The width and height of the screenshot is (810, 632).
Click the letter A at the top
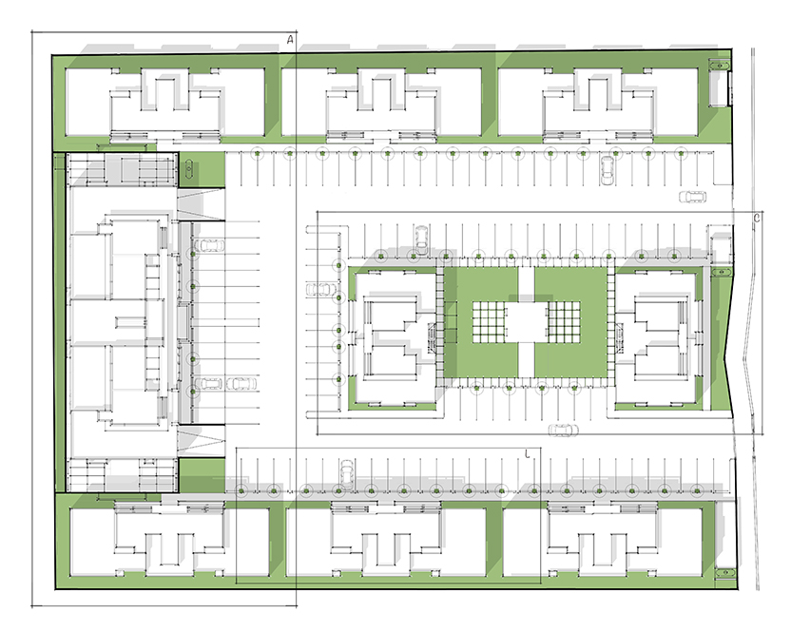pyautogui.click(x=290, y=40)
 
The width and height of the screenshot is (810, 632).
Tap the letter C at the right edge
pyautogui.click(x=757, y=218)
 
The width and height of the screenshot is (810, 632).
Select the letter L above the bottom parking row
pyautogui.click(x=528, y=454)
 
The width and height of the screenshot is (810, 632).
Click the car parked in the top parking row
pyautogui.click(x=607, y=170)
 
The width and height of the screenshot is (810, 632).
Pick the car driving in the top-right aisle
pyautogui.click(x=693, y=197)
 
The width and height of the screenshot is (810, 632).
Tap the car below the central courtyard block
pyautogui.click(x=564, y=430)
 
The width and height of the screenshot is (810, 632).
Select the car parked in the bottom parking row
pyautogui.click(x=347, y=473)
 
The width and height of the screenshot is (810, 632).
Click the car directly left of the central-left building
pyautogui.click(x=321, y=290)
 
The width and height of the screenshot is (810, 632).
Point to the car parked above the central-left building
pyautogui.click(x=421, y=240)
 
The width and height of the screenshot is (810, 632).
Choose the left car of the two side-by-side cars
pyautogui.click(x=209, y=384)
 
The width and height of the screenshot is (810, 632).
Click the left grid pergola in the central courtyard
pyautogui.click(x=489, y=321)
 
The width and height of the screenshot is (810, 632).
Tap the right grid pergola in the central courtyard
pyautogui.click(x=564, y=321)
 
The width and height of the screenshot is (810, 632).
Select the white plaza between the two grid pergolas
pyautogui.click(x=527, y=321)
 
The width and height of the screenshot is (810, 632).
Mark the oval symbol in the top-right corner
pyautogui.click(x=720, y=66)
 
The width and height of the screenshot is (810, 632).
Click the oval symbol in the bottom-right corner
pyautogui.click(x=725, y=573)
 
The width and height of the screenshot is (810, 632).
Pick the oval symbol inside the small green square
pyautogui.click(x=189, y=169)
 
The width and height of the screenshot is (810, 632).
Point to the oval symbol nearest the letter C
pyautogui.click(x=720, y=272)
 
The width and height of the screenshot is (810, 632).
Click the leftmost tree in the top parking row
pyautogui.click(x=258, y=153)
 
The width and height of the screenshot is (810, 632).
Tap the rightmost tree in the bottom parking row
pyautogui.click(x=697, y=490)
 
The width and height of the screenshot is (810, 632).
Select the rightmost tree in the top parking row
pyautogui.click(x=681, y=153)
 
